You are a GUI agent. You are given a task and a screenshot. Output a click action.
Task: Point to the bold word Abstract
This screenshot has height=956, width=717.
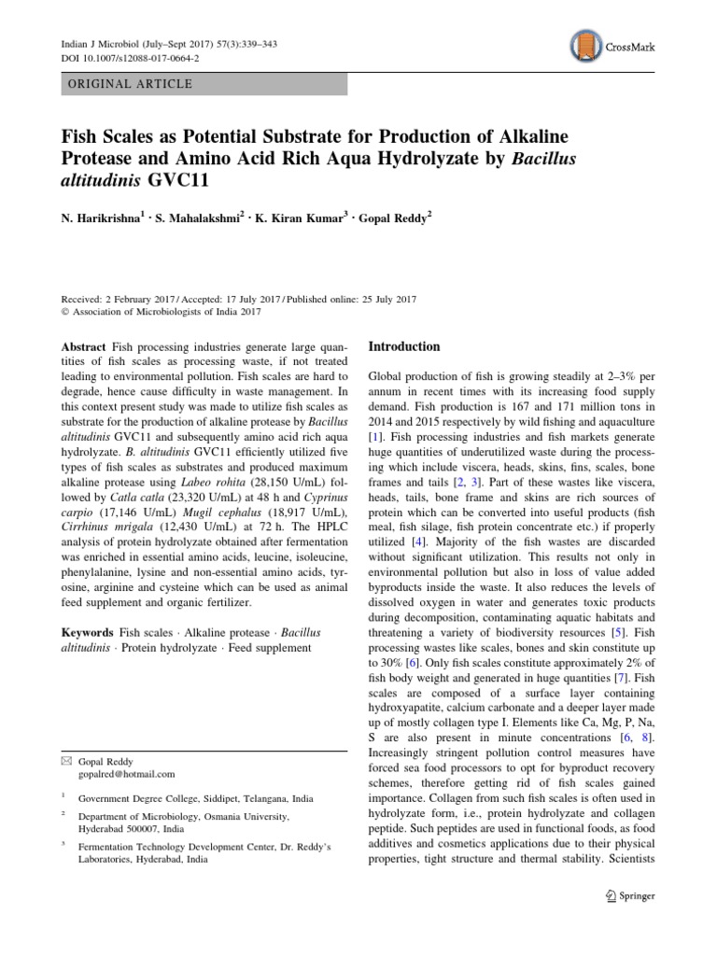[83, 347]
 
